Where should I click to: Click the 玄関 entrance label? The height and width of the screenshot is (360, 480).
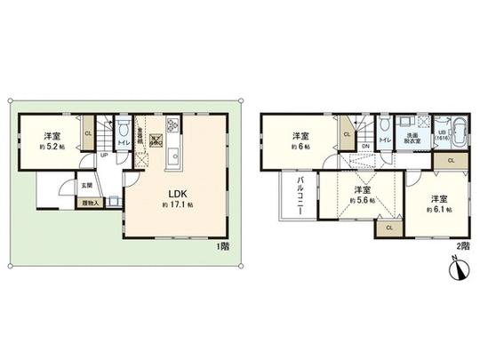pyautogui.click(x=85, y=186)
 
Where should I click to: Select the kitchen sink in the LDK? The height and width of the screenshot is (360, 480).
pyautogui.click(x=175, y=160)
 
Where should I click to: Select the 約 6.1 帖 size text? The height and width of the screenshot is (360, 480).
pyautogui.click(x=438, y=210)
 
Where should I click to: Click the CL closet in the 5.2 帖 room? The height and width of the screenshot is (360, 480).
pyautogui.click(x=87, y=134)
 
